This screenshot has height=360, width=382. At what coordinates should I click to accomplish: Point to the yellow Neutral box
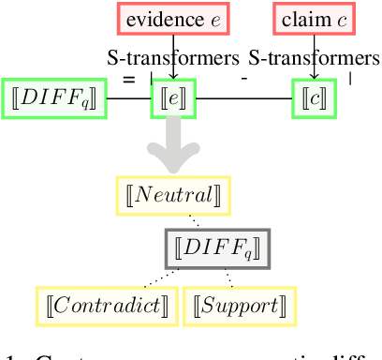pos(173,194)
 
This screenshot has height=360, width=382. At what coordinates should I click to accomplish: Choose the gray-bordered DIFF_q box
pos(217,248)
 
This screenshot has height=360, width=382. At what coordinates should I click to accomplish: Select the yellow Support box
pos(239,306)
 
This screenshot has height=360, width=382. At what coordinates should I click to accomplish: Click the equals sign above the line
pos(128,79)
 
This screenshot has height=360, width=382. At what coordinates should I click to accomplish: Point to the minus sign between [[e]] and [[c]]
pos(243,78)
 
